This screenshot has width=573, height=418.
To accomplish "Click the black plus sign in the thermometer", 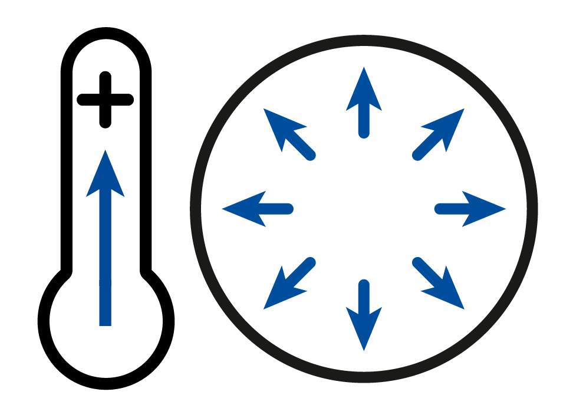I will (x=105, y=100).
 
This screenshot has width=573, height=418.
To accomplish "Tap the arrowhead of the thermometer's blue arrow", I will (x=105, y=177).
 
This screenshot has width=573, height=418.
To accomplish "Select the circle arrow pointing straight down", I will (x=364, y=316).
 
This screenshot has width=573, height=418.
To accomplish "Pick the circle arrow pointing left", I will (x=256, y=208).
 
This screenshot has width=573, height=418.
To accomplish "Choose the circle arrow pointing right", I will (x=471, y=208).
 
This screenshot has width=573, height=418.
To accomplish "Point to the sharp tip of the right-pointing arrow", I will (x=505, y=208).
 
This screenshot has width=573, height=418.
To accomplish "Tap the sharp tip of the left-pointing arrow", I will (x=223, y=208).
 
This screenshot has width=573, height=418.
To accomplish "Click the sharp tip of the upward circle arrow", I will (x=364, y=67).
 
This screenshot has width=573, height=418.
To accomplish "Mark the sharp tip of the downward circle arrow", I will (x=364, y=350).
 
